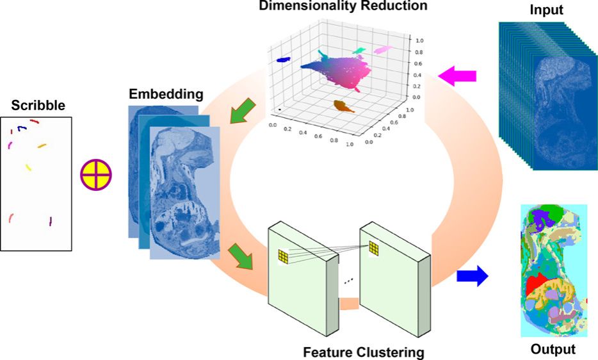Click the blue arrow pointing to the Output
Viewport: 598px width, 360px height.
point(472,277)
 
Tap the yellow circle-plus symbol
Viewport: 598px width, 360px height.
point(96,174)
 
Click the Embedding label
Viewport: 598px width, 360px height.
point(166,95)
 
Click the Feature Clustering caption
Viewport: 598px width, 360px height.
point(364,352)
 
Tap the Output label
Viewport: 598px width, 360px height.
point(553,349)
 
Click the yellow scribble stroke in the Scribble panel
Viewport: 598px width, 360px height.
point(28,167)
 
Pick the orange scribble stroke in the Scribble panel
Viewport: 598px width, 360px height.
point(42,146)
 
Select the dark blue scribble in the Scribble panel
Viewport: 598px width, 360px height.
point(22,128)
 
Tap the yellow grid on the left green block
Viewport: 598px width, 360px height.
point(284,256)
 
